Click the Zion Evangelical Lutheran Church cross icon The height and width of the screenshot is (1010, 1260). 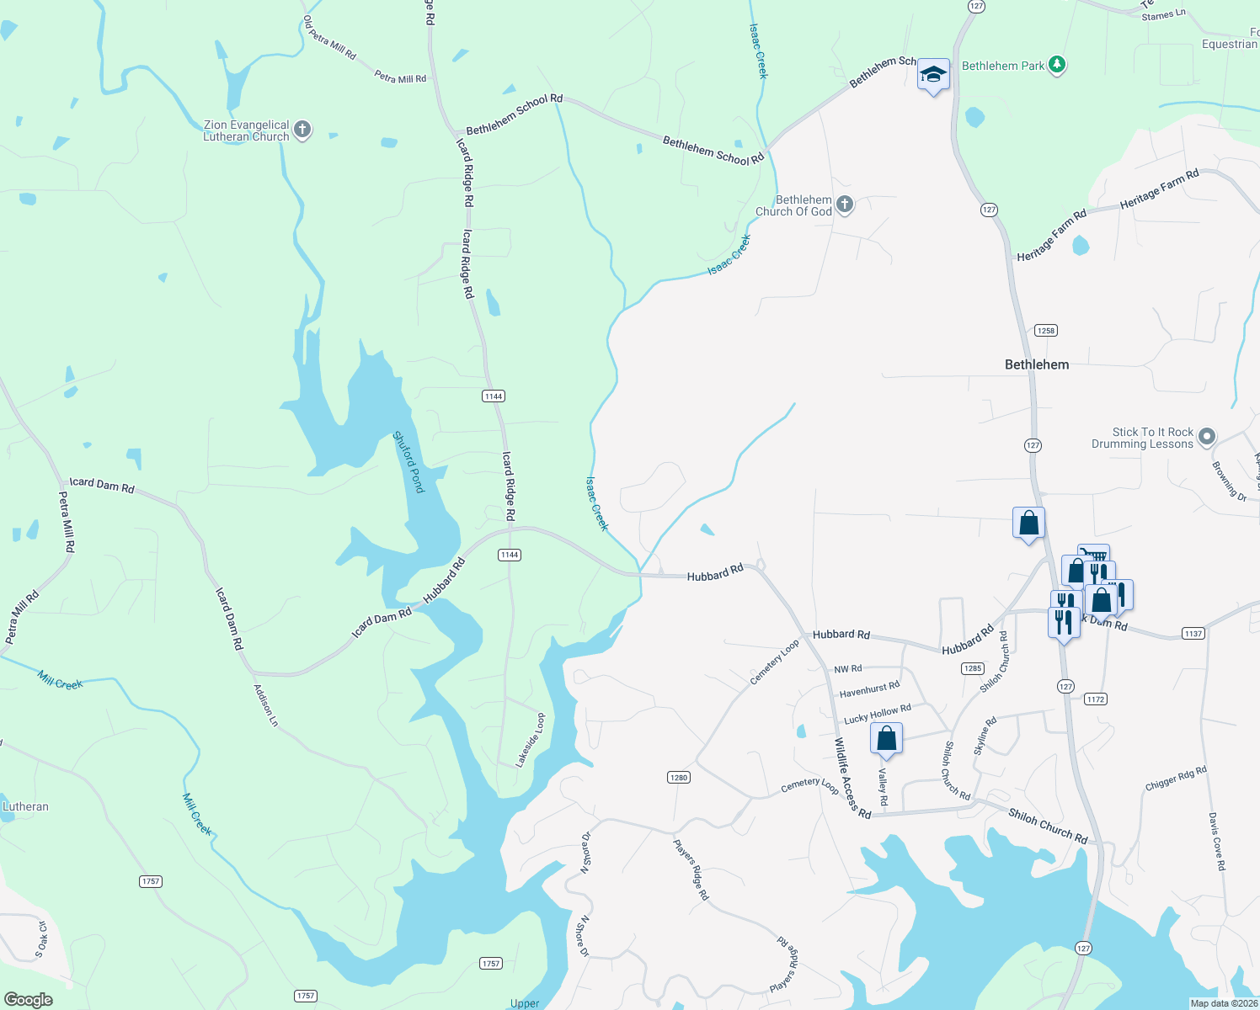(302, 130)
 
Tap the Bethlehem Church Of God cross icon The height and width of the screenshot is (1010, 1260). (845, 205)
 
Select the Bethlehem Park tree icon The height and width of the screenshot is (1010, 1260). (1058, 65)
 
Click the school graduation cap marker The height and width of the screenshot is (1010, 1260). (933, 75)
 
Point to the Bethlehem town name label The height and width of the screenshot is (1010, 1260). (1037, 364)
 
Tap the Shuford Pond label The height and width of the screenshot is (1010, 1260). (409, 462)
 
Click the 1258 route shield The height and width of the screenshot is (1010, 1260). (1046, 331)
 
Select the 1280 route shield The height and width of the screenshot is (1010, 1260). (679, 777)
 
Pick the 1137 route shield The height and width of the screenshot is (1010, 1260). (1193, 634)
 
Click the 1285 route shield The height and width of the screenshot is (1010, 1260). (972, 668)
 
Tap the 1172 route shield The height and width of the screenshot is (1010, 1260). (1095, 699)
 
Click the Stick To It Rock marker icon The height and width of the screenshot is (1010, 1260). (1207, 436)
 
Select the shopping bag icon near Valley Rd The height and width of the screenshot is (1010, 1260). (886, 739)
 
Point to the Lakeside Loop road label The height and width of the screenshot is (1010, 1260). (531, 740)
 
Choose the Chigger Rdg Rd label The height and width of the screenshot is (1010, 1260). (1176, 777)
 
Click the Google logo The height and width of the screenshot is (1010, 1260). (29, 1000)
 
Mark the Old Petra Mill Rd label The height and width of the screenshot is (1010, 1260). (329, 38)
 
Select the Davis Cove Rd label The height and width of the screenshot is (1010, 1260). (1215, 841)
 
